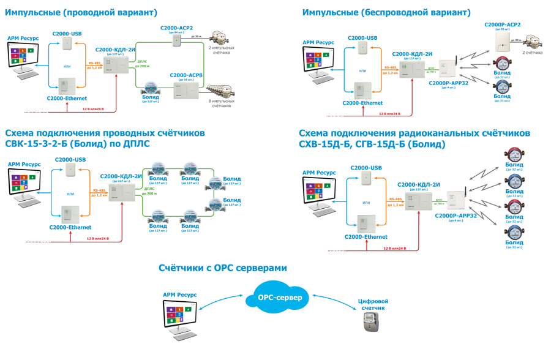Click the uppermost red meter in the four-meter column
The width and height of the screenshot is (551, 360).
pyautogui.click(x=514, y=155)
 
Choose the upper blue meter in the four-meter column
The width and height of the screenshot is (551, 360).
pyautogui.click(x=514, y=181)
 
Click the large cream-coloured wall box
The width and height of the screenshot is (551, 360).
pyautogui.click(x=500, y=42)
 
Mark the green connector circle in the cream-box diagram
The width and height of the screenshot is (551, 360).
pyautogui.click(x=434, y=67)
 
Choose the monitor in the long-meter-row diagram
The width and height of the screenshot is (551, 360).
pyautogui.click(x=24, y=57)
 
